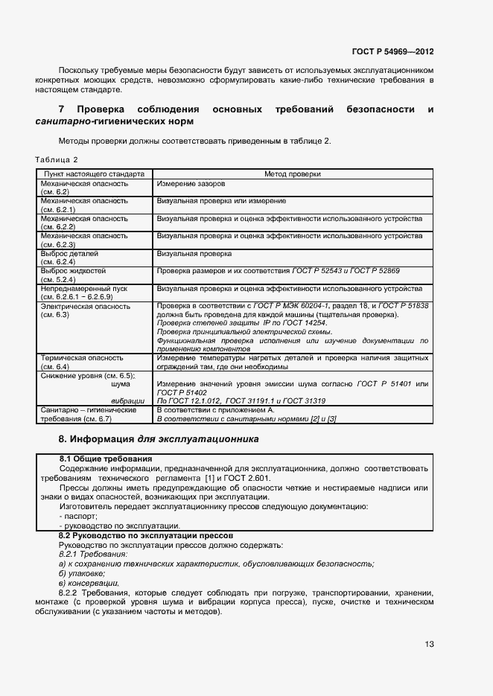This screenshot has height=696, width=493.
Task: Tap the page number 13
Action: (x=430, y=644)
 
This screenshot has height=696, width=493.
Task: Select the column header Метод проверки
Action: (x=293, y=173)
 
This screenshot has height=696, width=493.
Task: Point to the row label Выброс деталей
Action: (x=69, y=253)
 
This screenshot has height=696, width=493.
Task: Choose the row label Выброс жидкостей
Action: (x=73, y=270)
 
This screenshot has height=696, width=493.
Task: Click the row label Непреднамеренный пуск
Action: (x=83, y=288)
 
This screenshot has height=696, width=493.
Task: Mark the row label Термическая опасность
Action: (x=80, y=358)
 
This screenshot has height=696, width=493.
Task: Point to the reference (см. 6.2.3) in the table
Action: (x=59, y=244)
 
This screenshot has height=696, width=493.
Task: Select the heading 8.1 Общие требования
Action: (x=106, y=458)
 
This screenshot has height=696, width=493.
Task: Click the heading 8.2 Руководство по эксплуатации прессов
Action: (x=147, y=535)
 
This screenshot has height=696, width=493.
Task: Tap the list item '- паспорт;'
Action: (x=78, y=516)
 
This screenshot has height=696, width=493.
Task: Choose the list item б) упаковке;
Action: (x=82, y=574)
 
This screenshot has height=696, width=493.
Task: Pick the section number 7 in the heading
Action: (x=61, y=109)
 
